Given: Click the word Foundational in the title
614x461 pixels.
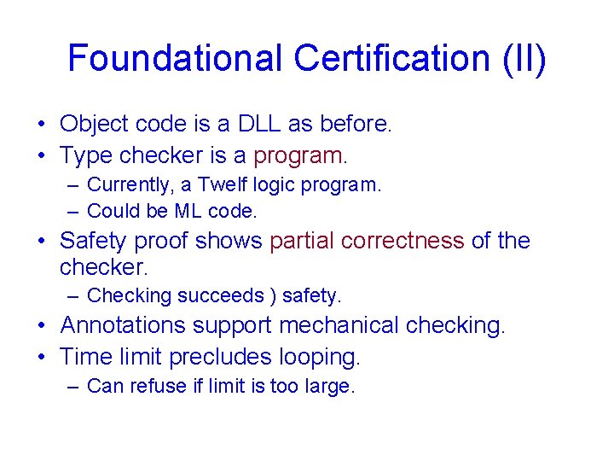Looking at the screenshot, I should (x=176, y=59).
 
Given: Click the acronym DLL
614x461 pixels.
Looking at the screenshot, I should (x=258, y=124).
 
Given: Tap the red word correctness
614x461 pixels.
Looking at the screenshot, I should (x=403, y=241).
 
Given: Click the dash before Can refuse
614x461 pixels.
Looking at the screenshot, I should (x=74, y=386).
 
